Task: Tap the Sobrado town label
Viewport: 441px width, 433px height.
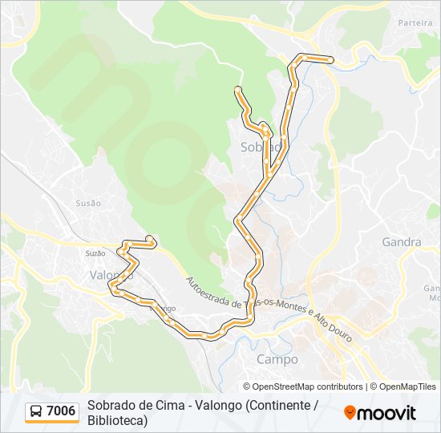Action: point(261,148)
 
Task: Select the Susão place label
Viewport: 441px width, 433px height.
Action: point(88,204)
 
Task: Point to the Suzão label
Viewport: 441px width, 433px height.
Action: point(95,253)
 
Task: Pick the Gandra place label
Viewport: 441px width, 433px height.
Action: point(402,241)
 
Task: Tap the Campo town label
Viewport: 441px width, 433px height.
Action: point(277,359)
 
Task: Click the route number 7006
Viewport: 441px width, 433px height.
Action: point(62,412)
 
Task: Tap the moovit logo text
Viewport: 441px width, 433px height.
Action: point(386,413)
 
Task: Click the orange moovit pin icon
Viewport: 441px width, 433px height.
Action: point(350,412)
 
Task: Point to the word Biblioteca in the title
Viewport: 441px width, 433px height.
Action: point(117,420)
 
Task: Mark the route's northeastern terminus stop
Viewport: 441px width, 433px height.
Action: point(331,59)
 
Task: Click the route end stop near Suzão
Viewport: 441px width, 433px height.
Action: point(150,238)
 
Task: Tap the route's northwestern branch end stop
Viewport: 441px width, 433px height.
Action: point(237,88)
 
